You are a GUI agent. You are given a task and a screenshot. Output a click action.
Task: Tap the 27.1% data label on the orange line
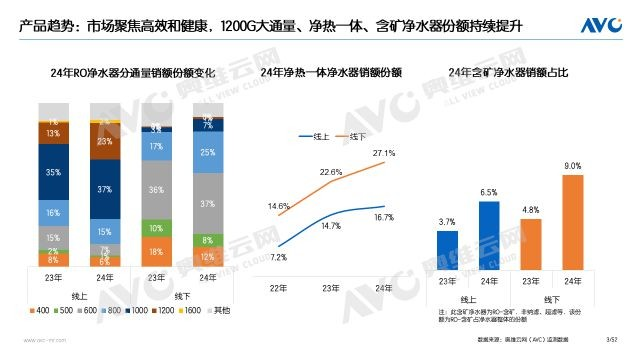pyautogui.click(x=384, y=153)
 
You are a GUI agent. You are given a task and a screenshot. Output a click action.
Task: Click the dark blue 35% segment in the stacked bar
pyautogui.click(x=52, y=171)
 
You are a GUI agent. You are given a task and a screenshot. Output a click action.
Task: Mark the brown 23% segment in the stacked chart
pyautogui.click(x=105, y=142)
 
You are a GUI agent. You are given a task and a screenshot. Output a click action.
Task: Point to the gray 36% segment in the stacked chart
pyautogui.click(x=156, y=189)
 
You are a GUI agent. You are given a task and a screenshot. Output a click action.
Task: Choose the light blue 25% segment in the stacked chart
pyautogui.click(x=206, y=153)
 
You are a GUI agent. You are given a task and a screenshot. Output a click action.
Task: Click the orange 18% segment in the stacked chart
pyautogui.click(x=156, y=252)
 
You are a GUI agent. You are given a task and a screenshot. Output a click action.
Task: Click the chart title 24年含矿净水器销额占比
pyautogui.click(x=509, y=73)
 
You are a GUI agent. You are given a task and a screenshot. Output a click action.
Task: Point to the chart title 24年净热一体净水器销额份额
pyautogui.click(x=322, y=73)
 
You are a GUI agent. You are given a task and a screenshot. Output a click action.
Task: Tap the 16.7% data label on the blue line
pyautogui.click(x=384, y=216)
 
